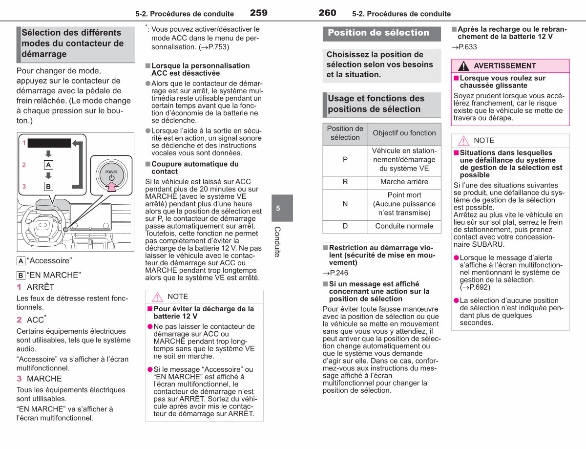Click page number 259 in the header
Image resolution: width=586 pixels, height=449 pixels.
click(258, 13)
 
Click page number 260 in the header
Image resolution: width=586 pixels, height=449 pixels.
click(327, 13)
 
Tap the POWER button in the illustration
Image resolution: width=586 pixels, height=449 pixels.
click(112, 175)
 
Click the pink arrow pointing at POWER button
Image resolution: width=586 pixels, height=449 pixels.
click(112, 186)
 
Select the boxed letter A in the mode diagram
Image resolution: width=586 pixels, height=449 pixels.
click(48, 165)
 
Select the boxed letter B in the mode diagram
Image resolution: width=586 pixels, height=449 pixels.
click(48, 186)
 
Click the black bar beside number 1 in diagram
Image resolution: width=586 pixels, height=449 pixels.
click(49, 143)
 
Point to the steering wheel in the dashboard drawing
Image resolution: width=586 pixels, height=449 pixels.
click(42, 225)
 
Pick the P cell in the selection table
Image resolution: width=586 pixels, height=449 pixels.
click(345, 160)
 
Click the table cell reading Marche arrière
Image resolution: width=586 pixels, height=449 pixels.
click(404, 182)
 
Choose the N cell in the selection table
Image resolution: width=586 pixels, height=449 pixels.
click(345, 204)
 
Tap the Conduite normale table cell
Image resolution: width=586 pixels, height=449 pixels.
click(404, 226)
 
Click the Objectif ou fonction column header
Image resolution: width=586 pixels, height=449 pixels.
click(404, 133)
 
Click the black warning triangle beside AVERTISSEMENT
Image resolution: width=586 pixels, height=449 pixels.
click(463, 66)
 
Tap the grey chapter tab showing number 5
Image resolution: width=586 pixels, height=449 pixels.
click(282, 208)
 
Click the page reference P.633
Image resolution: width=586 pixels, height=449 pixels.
click(464, 47)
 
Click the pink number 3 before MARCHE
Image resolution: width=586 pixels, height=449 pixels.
click(19, 379)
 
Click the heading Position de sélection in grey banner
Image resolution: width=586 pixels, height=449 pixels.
click(378, 33)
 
